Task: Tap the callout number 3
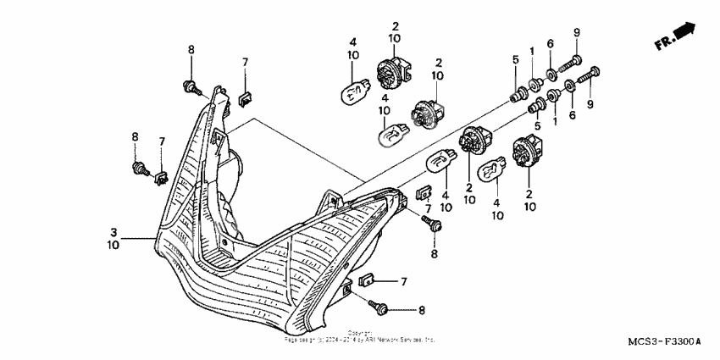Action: pyautogui.click(x=113, y=230)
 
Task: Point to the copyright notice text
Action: pyautogui.click(x=359, y=336)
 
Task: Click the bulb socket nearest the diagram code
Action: pyautogui.click(x=524, y=158)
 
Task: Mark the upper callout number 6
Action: pyautogui.click(x=550, y=44)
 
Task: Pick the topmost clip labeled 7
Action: pyautogui.click(x=244, y=97)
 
